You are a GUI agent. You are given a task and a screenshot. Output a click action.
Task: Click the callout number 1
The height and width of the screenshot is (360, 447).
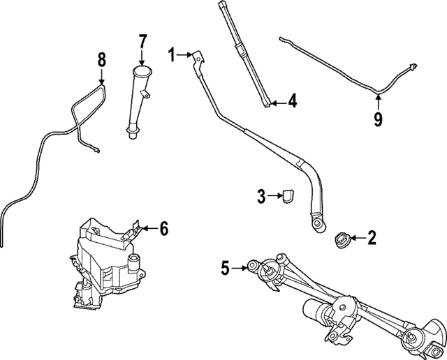tap(172, 52)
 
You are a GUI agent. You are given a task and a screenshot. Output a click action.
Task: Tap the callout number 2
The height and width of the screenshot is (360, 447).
tap(372, 239)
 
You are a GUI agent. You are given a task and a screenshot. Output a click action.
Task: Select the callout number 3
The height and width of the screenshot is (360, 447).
tap(261, 197)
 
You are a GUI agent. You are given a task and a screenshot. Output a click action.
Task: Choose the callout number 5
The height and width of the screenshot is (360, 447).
tap(226, 267)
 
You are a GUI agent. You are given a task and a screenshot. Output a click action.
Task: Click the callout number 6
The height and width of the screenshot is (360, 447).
tap(163, 227)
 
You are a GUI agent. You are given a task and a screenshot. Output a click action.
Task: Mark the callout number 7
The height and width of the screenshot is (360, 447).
tap(142, 40)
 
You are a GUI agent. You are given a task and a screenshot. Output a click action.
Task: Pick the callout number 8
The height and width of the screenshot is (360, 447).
tap(101, 59)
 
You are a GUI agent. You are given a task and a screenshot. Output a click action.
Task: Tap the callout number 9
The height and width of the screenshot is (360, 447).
tap(378, 119)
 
